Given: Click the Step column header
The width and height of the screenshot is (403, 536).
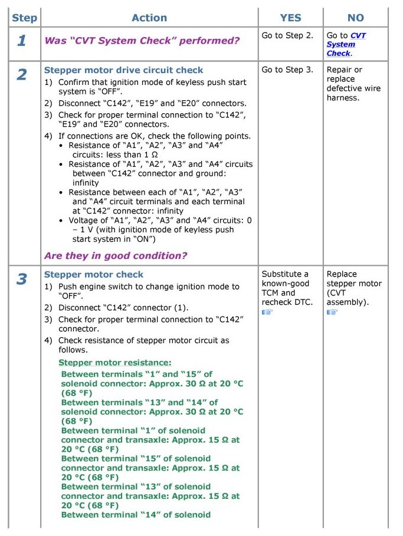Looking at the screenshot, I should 24,18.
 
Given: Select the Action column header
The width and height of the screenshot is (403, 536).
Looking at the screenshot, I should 149,18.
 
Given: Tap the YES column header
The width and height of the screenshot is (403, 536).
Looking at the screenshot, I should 290,18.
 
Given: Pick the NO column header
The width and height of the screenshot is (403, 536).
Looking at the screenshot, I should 356,18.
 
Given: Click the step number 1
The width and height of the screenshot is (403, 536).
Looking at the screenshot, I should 22,41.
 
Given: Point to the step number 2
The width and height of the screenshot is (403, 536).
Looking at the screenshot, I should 22,75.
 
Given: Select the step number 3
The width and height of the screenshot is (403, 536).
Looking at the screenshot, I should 22,279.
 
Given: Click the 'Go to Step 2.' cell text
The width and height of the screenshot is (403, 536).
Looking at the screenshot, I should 287,35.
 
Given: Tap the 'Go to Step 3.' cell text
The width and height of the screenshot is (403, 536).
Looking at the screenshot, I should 287,70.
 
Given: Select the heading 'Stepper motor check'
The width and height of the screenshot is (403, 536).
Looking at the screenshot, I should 94,274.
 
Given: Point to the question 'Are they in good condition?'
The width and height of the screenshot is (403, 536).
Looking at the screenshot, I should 116,255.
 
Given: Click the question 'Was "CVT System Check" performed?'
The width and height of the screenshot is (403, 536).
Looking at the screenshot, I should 142,41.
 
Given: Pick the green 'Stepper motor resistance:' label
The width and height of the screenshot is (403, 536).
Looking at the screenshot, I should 115,363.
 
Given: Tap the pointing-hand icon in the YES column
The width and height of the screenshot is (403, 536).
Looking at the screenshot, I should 267,312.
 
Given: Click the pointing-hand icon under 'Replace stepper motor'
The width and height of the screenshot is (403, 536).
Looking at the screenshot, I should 332,312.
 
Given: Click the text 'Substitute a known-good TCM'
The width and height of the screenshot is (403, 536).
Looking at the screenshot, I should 286,283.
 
